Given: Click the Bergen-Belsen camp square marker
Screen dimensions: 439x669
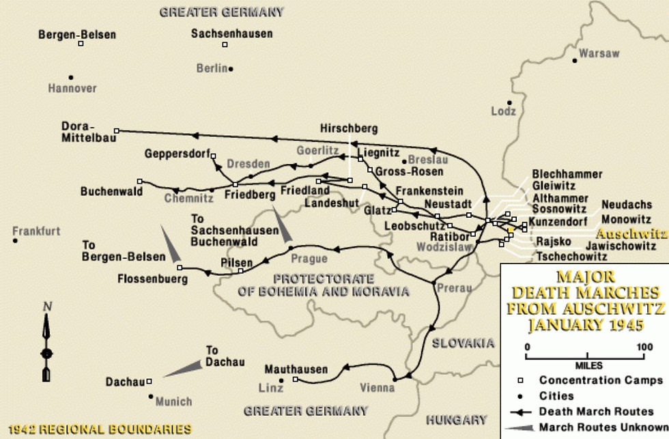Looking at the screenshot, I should point(81,44).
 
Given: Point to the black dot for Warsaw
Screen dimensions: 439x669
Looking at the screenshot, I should point(575,61).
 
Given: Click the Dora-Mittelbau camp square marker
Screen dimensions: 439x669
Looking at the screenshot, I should point(117,130).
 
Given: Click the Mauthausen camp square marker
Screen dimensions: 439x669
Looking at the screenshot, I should point(295,380).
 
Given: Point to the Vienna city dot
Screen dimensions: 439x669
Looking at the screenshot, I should point(395,379).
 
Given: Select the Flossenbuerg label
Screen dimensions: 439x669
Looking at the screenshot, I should point(152,279).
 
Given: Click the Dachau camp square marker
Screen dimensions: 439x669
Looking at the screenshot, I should point(150,382).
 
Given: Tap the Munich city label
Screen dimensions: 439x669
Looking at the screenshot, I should point(173,401).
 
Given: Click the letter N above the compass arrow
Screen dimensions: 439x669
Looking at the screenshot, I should point(46,307).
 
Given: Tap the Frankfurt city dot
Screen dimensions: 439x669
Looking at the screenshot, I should point(15,241).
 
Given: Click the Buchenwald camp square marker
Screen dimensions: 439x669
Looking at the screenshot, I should point(139,182).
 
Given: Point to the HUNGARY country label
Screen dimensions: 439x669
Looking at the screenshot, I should point(455,420).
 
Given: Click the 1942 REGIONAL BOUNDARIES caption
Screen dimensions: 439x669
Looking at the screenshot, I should point(96,429).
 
